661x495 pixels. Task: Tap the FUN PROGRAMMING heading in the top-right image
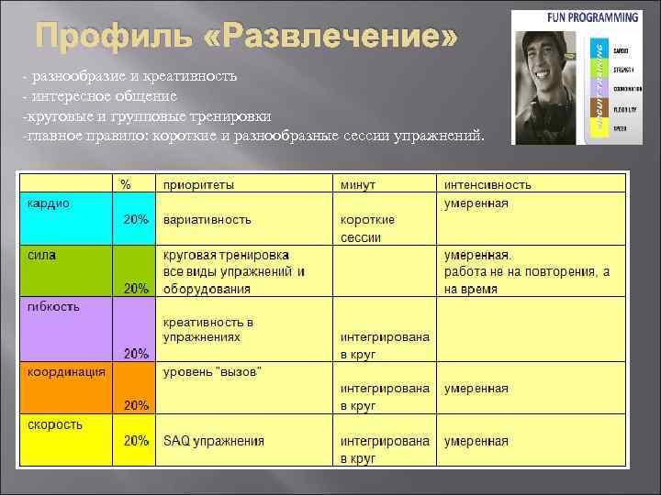tap(592, 16)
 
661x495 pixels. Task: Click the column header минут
tap(358, 184)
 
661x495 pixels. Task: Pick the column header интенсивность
tap(487, 184)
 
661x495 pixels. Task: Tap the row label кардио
tap(48, 203)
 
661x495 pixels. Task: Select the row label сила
tap(41, 255)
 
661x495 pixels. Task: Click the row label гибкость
tap(53, 307)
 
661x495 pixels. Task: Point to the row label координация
tap(65, 371)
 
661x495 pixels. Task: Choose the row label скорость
tap(55, 423)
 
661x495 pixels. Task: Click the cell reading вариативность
tap(207, 220)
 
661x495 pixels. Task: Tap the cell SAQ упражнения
tap(213, 441)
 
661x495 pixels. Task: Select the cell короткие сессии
tap(367, 228)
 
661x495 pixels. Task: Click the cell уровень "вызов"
tap(212, 371)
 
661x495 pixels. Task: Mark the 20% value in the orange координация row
tap(136, 404)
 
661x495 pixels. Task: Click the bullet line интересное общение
tap(103, 94)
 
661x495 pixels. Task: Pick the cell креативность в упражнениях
tap(208, 330)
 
